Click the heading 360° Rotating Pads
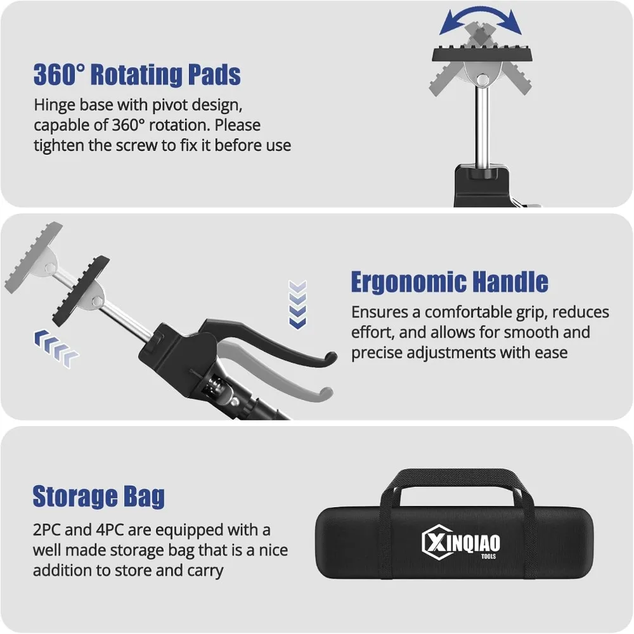tap(137, 75)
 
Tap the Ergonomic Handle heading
tap(450, 282)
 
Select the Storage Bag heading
tap(99, 496)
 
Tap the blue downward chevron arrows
tap(297, 304)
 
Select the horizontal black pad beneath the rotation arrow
tap(482, 55)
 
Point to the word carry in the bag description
tap(204, 570)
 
